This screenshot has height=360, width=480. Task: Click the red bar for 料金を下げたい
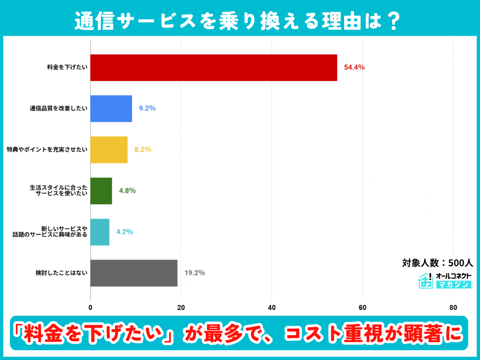pyautogui.click(x=213, y=67)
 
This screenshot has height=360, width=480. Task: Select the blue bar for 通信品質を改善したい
pyautogui.click(x=111, y=109)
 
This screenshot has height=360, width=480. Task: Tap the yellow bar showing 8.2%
pyautogui.click(x=109, y=150)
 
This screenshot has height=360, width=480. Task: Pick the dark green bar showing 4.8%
pyautogui.click(x=101, y=191)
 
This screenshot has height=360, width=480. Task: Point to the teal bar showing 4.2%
pyautogui.click(x=99, y=232)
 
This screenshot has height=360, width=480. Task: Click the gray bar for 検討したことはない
pyautogui.click(x=134, y=273)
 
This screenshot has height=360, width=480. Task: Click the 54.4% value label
pyautogui.click(x=354, y=67)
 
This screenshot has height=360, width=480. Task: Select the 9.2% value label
pyautogui.click(x=147, y=108)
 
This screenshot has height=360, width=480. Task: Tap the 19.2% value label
pyautogui.click(x=195, y=272)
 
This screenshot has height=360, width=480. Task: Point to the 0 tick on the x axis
pyautogui.click(x=90, y=308)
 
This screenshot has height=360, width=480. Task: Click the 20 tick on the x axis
pyautogui.click(x=181, y=308)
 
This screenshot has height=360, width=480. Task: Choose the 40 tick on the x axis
pyautogui.click(x=272, y=308)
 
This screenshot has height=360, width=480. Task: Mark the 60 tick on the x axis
pyautogui.click(x=362, y=308)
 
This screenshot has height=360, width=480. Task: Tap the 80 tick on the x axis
pyautogui.click(x=453, y=308)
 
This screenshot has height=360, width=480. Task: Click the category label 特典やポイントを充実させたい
pyautogui.click(x=46, y=150)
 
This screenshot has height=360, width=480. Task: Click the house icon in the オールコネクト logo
pyautogui.click(x=425, y=280)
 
